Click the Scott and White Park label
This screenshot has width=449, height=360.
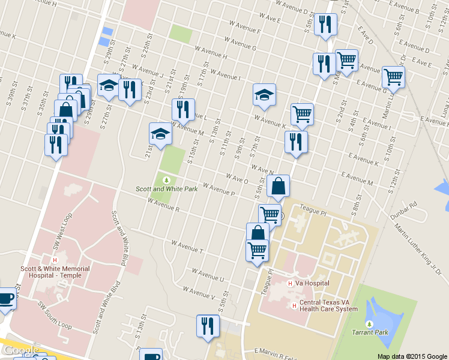[166, 189]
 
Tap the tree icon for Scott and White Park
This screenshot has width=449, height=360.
[166, 180]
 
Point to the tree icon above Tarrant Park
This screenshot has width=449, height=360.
[369, 324]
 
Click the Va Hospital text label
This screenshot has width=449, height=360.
[313, 283]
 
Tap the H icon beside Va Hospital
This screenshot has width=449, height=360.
[291, 283]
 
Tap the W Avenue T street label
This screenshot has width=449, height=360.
[188, 247]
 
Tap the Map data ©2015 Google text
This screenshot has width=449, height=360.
[412, 356]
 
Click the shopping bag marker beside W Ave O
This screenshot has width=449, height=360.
[278, 187]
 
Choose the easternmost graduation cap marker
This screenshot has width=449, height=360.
[264, 95]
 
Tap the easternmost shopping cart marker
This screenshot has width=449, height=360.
[393, 77]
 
